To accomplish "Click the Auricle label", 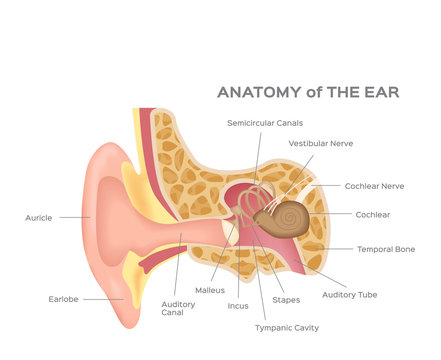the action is [x=38, y=216].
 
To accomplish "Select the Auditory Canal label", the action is [x=179, y=307].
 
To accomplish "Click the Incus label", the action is [x=238, y=305].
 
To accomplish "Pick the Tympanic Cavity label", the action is [x=287, y=327].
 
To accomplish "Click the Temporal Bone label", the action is [x=386, y=249].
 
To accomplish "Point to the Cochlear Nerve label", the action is [x=374, y=185].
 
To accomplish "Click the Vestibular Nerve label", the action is [x=320, y=143].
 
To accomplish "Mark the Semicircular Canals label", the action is [x=264, y=122].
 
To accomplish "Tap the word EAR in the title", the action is [x=381, y=92].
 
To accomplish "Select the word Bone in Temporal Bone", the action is [x=404, y=249].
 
